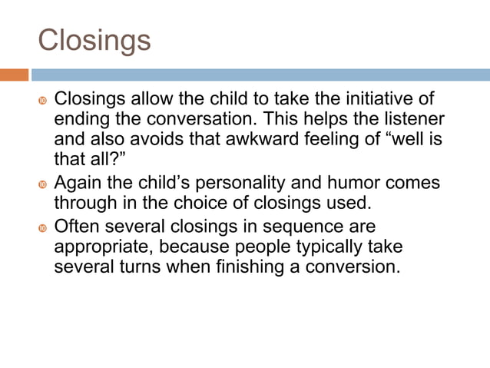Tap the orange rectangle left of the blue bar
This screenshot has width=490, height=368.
click(x=14, y=75)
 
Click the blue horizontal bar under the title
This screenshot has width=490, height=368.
click(x=260, y=75)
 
